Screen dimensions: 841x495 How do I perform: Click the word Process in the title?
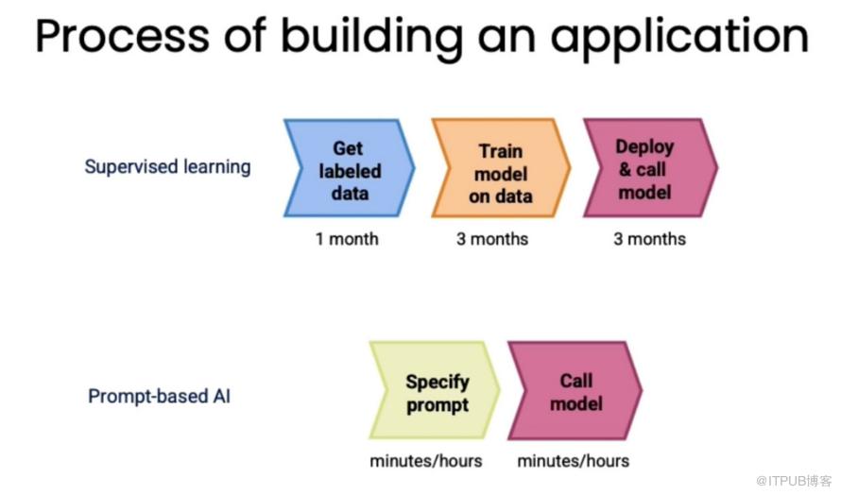click(122, 37)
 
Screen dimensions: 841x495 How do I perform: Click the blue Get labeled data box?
click(350, 168)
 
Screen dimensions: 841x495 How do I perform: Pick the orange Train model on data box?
click(501, 168)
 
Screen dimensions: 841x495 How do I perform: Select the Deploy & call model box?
click(651, 168)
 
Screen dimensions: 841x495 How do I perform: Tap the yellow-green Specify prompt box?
click(435, 390)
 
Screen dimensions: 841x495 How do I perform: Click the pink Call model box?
click(575, 390)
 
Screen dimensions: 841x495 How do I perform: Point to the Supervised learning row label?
click(167, 167)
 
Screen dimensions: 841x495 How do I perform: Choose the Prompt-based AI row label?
click(160, 397)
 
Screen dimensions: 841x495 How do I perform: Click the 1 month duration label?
click(347, 239)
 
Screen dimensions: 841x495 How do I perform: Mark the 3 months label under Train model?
click(492, 239)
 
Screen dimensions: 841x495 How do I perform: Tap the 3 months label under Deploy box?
click(649, 239)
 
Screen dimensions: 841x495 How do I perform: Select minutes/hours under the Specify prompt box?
click(426, 461)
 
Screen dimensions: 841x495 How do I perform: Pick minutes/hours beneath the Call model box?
click(574, 461)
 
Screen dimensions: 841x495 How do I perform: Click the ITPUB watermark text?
click(794, 481)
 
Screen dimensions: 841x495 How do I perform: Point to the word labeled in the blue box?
click(350, 171)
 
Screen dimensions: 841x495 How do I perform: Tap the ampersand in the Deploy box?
click(625, 170)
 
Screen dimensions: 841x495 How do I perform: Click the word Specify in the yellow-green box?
click(438, 383)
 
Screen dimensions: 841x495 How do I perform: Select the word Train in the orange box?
click(501, 151)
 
